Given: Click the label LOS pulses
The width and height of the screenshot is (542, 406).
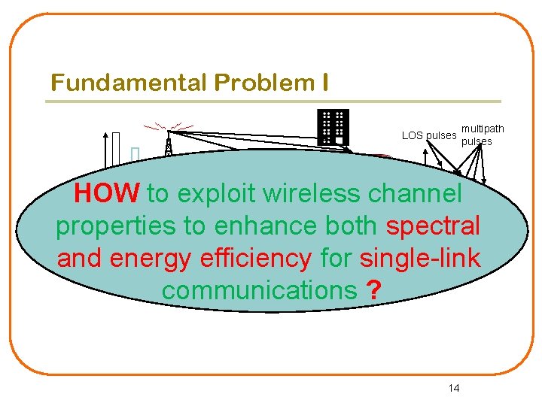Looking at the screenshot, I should coord(429,135).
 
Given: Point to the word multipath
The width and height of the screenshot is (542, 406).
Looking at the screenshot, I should coord(483,129).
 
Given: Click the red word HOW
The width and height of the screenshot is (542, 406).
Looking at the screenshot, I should coord(107,194).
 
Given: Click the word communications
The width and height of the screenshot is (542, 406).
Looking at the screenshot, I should coord(259,289).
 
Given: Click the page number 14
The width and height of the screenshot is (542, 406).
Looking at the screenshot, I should coord(453,388).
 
